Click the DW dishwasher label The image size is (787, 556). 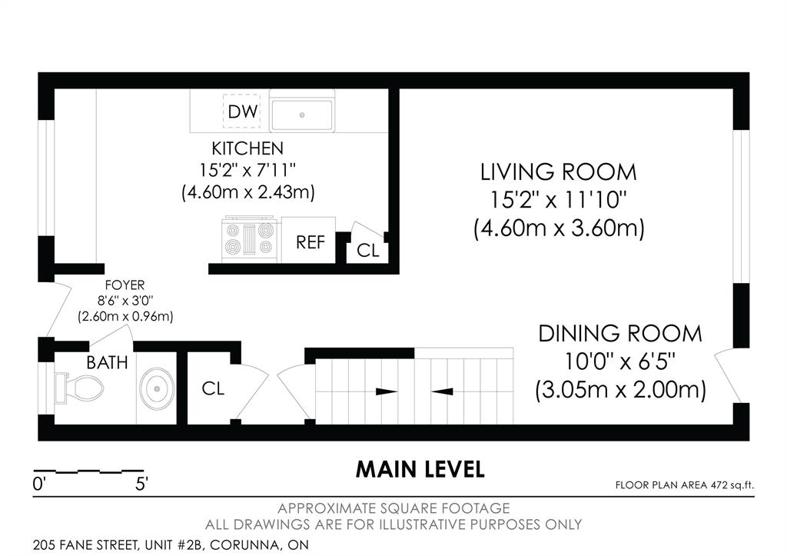point(242,112)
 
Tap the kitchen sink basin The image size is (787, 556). point(301,115)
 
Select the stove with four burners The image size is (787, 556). point(250,239)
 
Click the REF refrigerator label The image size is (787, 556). point(310,242)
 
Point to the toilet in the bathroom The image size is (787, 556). point(79,388)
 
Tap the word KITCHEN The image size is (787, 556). point(247,148)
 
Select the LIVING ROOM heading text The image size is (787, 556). point(559,172)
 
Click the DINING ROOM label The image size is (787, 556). point(620,334)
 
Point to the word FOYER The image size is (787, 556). point(125,285)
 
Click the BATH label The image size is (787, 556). point(107,363)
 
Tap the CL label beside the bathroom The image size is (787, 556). point(213,388)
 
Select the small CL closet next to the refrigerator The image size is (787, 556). point(368,250)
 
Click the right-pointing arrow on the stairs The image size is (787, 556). point(387,391)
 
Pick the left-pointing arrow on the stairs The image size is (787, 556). point(443,391)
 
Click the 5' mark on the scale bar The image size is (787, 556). point(141,484)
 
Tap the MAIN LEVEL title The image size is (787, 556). point(420,469)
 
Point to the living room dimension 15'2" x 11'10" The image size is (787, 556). point(559,201)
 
